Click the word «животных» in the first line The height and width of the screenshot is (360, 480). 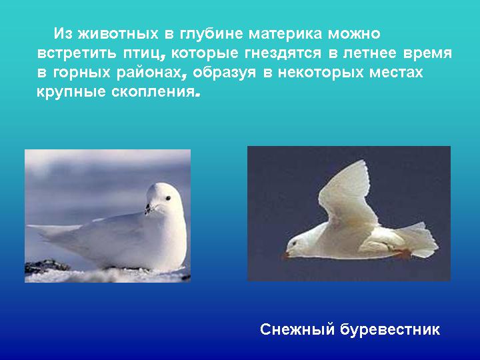[x=118, y=33]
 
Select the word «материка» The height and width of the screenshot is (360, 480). [x=285, y=33]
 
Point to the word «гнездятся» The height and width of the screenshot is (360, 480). [x=283, y=53]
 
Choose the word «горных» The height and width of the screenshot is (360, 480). [x=81, y=73]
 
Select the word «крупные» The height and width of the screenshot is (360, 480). [x=71, y=92]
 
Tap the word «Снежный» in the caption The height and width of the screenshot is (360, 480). [x=297, y=329]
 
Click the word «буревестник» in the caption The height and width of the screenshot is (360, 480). [x=390, y=330]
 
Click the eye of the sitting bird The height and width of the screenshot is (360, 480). [x=168, y=199]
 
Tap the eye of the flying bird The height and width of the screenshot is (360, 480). [x=295, y=244]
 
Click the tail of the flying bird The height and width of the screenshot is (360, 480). [x=419, y=240]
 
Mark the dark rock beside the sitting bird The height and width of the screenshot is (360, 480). [x=46, y=266]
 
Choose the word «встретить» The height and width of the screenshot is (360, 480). [x=77, y=53]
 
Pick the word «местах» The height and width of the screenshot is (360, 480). [x=396, y=73]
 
